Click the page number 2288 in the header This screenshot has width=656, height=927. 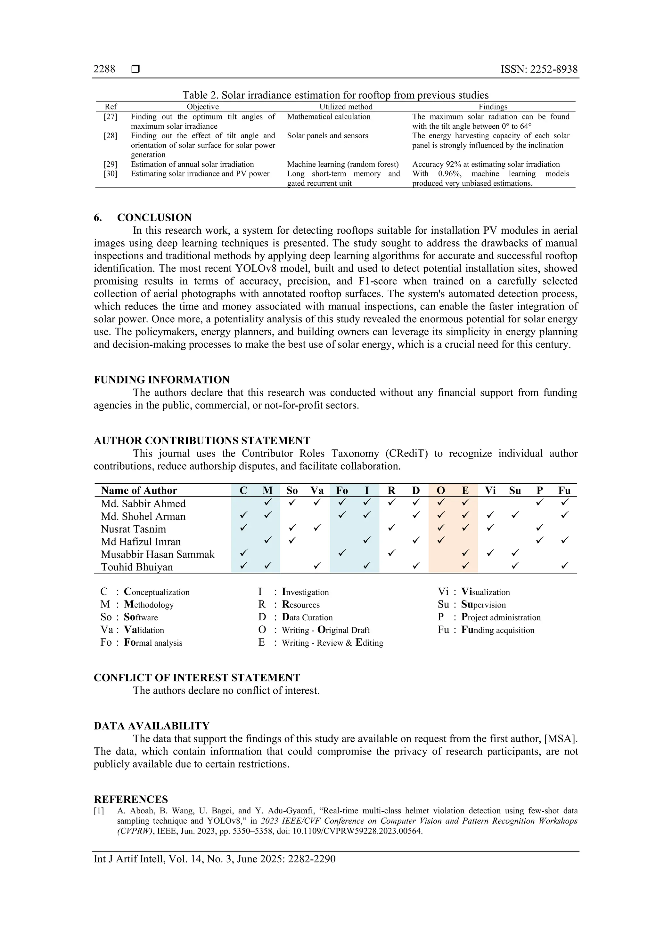coord(104,69)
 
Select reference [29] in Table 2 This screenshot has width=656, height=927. coord(110,164)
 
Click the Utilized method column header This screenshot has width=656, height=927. coord(346,107)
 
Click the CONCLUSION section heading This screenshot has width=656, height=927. coord(154,218)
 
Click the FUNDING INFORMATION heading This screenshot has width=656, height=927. coord(161,380)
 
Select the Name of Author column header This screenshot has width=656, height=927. coord(139,491)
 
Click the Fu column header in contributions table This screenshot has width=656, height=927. coord(564,491)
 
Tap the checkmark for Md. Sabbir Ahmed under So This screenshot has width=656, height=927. coord(292,502)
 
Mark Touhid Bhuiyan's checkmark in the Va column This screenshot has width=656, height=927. coord(317,566)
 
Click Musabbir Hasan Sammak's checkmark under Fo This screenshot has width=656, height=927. coord(342,553)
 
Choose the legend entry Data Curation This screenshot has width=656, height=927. coord(307,617)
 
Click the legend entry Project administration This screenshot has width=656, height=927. coord(501,617)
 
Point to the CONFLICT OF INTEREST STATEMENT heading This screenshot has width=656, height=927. coord(197,678)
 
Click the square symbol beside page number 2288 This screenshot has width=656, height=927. coord(136,69)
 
